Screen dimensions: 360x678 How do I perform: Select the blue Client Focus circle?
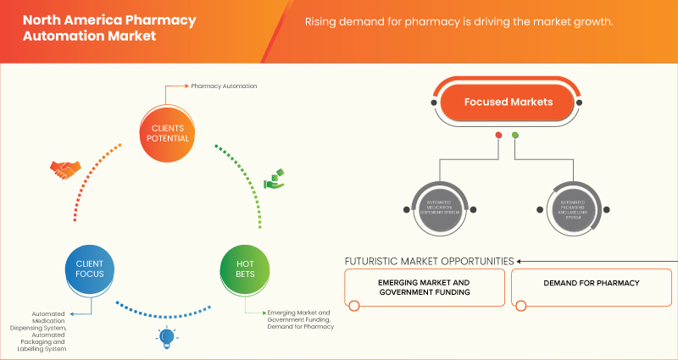(x=89, y=269)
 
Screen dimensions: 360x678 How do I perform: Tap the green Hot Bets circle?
(x=243, y=269)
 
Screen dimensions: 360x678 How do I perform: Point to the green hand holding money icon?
(x=275, y=180)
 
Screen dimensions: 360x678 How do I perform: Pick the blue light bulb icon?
(x=167, y=337)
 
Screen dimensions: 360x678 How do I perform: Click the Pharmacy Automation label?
(x=224, y=86)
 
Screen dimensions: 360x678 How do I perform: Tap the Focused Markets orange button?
(x=508, y=102)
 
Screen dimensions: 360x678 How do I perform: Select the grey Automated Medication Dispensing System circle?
(x=439, y=208)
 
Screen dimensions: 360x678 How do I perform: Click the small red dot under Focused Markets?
(x=498, y=136)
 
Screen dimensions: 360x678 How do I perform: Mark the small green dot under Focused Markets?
(x=514, y=136)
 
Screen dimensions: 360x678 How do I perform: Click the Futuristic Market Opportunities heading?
(x=429, y=260)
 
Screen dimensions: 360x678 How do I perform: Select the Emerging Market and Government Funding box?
(x=425, y=287)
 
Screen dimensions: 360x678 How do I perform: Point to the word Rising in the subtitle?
(x=325, y=20)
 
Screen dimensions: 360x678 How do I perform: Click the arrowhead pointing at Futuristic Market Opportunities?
(x=520, y=260)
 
